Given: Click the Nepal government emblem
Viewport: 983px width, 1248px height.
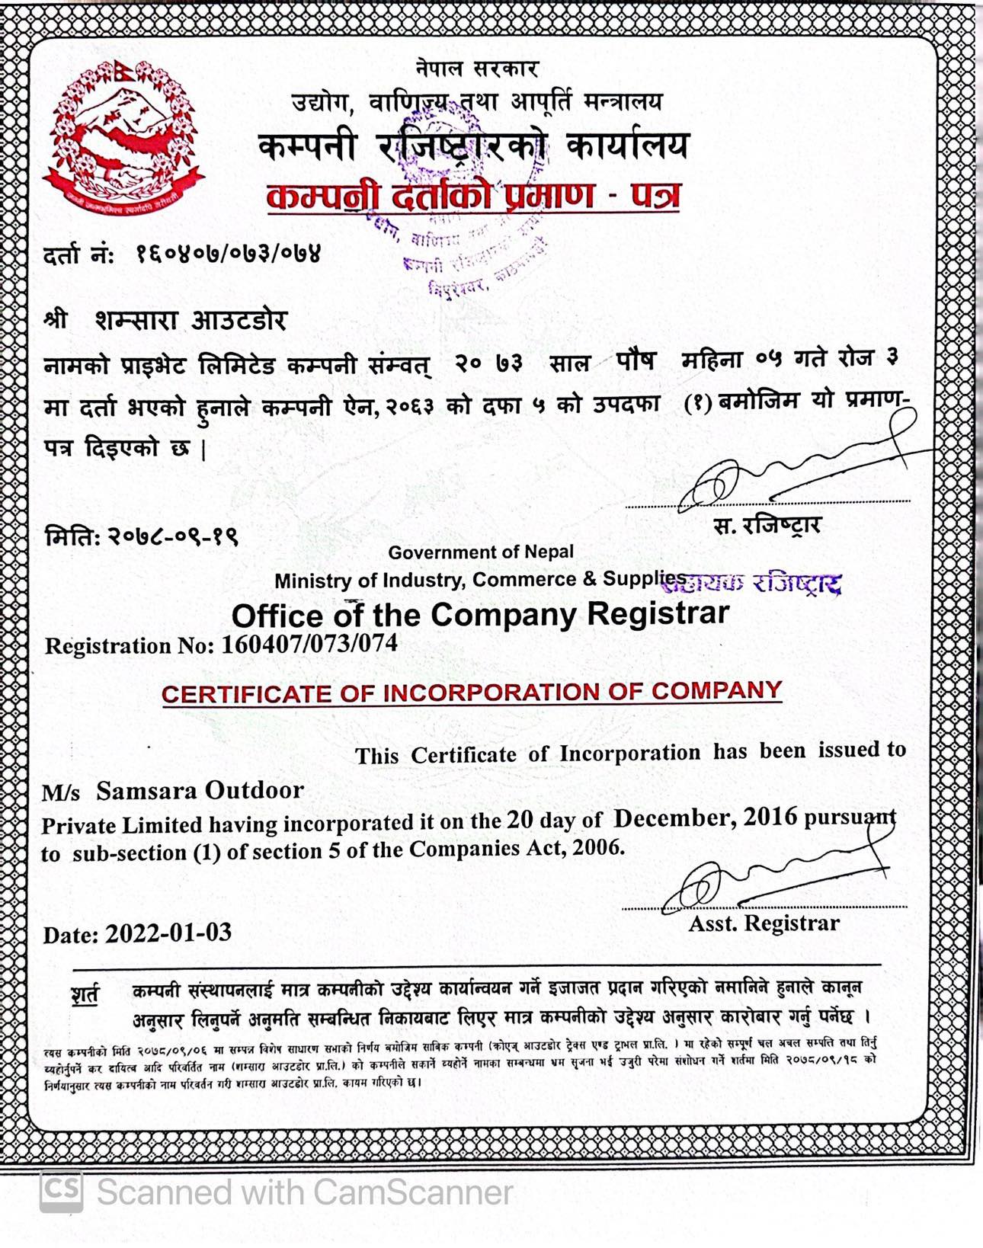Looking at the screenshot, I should (x=122, y=137).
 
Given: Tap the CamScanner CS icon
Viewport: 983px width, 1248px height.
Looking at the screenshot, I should (x=62, y=1191).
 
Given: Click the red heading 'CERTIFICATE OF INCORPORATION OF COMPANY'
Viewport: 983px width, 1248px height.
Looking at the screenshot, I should (x=472, y=693).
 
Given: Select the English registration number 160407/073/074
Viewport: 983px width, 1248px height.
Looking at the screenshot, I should (x=309, y=644).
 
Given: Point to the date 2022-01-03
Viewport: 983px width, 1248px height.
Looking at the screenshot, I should (x=168, y=933).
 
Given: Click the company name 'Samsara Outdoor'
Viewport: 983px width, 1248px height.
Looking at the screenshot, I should (x=200, y=791).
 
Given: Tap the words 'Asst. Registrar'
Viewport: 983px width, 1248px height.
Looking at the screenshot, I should (x=764, y=923).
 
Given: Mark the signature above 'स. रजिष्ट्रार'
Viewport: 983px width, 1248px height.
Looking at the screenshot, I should (x=792, y=465).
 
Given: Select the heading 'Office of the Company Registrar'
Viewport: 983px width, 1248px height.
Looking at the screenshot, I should (x=480, y=614).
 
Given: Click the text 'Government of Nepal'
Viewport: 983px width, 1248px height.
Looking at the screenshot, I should (x=481, y=552).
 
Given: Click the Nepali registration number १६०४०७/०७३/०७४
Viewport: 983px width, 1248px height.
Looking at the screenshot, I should (x=229, y=253).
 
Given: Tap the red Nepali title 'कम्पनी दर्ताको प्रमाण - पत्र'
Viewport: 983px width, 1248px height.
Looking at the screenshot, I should (x=472, y=197).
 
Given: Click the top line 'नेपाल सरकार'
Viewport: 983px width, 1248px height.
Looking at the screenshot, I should (x=478, y=69).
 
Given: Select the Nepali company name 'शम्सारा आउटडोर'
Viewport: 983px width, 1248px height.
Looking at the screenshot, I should (x=191, y=320).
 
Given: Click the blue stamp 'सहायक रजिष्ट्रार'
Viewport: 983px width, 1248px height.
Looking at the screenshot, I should (x=762, y=584).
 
